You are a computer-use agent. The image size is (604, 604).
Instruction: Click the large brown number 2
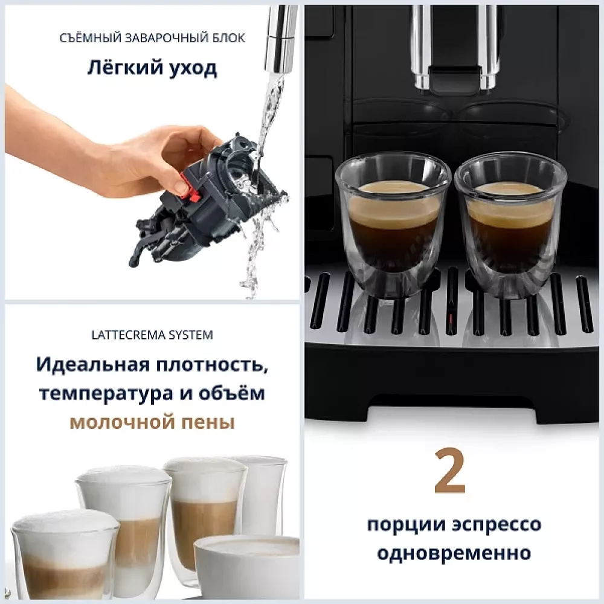[450, 471]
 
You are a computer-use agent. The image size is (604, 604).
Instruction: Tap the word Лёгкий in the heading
[117, 68]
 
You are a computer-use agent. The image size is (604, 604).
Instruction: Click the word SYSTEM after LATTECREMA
[191, 334]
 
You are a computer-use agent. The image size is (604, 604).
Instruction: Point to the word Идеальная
[90, 365]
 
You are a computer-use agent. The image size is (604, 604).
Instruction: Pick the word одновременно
[454, 552]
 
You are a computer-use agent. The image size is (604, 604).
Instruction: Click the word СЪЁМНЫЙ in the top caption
[90, 39]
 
